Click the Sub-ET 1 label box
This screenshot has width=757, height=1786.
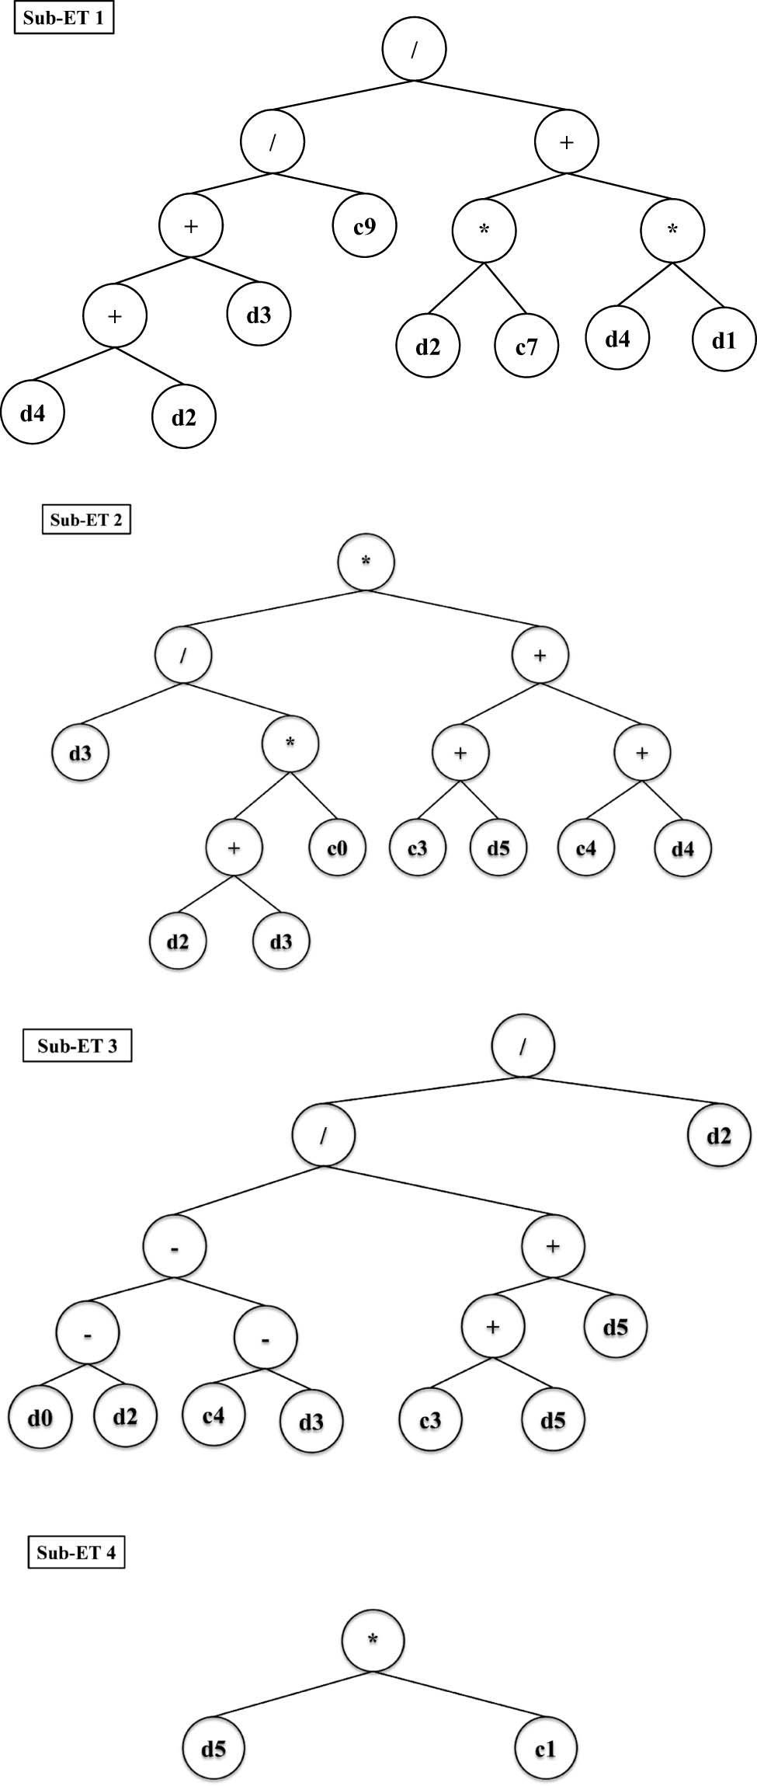pos(64,18)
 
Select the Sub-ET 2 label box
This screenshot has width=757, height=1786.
pos(86,520)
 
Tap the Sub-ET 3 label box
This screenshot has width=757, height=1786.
pos(77,1046)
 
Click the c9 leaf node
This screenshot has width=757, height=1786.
pos(365,226)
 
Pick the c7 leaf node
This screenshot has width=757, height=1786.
pos(526,346)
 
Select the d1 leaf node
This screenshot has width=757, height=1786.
pos(724,340)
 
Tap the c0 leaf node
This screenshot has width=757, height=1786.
pos(337,848)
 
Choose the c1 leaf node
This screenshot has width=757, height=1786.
pos(546,1749)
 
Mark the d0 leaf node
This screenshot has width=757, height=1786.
pos(40,1419)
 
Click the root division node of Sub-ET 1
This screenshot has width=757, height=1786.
pos(415,49)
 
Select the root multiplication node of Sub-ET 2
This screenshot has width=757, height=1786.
pos(366,561)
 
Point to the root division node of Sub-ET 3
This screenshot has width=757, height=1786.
pos(523,1046)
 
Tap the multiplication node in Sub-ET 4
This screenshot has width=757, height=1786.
pos(373,1639)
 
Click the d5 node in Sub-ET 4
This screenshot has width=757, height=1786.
pos(214,1749)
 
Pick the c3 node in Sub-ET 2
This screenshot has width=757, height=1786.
pos(418,848)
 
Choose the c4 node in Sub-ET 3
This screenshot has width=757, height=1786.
pos(214,1415)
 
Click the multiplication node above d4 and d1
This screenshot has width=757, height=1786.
pos(672,231)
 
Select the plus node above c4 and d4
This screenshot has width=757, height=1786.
pos(642,753)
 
